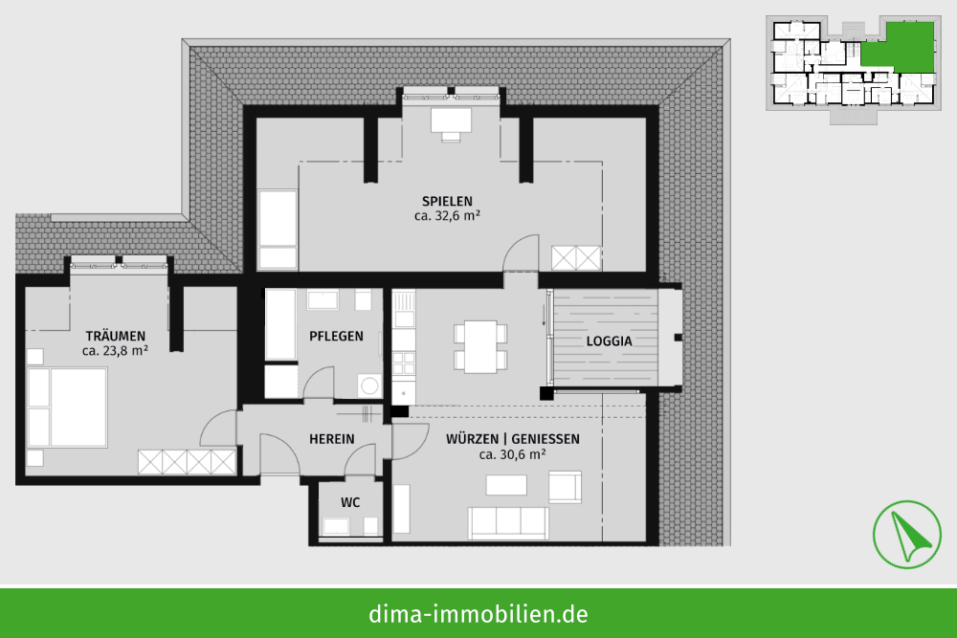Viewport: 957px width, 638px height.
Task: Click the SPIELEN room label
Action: [447, 201]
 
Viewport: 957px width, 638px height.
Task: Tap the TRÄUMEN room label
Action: [116, 336]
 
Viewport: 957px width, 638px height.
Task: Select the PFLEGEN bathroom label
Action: [336, 336]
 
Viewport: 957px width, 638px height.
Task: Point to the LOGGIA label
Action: [609, 341]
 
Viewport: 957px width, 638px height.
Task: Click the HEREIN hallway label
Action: [331, 439]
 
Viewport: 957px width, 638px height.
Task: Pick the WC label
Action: [350, 502]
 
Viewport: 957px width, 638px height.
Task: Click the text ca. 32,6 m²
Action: [447, 216]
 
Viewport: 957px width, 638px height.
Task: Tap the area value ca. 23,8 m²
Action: [115, 351]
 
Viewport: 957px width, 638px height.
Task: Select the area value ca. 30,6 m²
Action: [512, 455]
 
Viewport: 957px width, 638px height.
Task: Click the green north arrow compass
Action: [906, 535]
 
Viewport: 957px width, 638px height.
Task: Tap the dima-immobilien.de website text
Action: [478, 613]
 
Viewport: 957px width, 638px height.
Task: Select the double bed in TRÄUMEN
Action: [68, 407]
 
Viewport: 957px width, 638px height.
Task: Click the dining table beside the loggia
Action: [480, 346]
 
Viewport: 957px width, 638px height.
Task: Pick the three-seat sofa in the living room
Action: [508, 523]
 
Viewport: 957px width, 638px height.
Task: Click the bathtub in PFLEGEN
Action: [280, 324]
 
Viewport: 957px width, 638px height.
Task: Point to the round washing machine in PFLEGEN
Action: [368, 385]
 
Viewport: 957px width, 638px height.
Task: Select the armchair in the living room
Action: [566, 487]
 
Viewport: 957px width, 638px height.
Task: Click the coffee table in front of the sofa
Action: [506, 485]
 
